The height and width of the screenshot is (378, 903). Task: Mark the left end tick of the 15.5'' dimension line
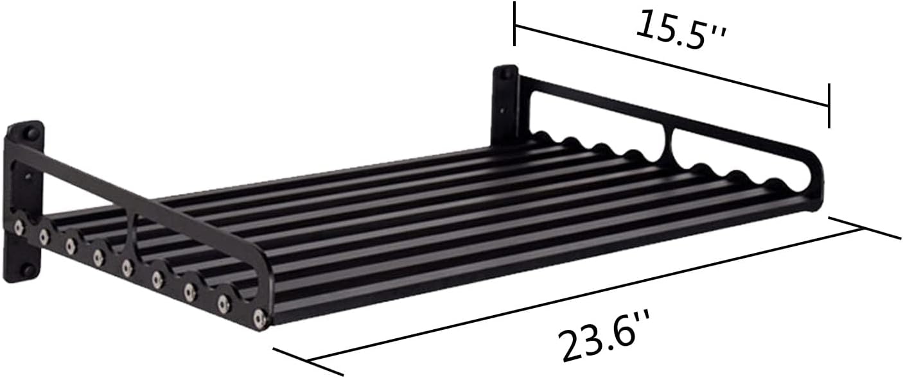(514, 24)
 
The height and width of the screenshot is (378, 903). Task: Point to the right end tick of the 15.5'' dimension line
(829, 105)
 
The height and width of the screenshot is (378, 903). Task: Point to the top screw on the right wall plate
(505, 74)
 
